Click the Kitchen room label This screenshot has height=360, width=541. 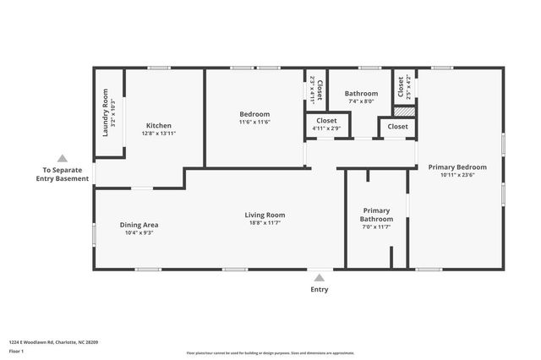point(158,126)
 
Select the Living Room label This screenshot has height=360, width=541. point(265,215)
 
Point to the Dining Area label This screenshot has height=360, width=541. point(139,225)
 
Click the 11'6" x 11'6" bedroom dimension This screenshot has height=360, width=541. point(254,123)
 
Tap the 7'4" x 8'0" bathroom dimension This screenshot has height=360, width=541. point(361,101)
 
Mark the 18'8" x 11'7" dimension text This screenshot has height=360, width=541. point(265,223)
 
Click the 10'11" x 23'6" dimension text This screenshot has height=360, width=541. point(456,176)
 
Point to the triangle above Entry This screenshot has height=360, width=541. point(319,275)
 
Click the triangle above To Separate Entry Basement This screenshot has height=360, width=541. point(62,158)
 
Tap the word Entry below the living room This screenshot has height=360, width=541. point(319,289)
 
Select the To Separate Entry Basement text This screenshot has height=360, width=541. point(66,174)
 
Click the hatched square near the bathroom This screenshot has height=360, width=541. point(405,111)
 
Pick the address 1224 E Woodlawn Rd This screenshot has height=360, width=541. point(53,341)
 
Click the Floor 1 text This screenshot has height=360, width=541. point(15,350)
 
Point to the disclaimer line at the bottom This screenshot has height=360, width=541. point(270,352)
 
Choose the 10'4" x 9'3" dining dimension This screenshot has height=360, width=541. point(139,233)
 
